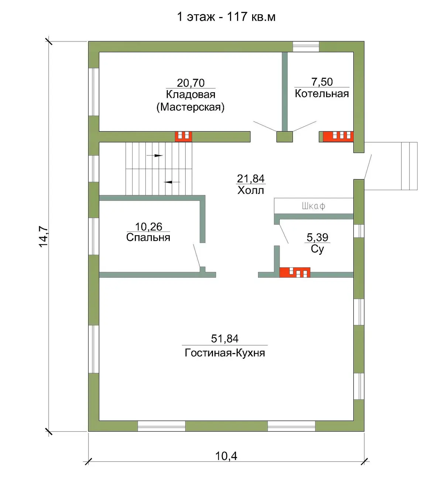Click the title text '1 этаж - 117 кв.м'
click(226, 17)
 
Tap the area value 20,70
click(191, 83)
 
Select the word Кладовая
click(191, 95)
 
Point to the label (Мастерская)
click(190, 107)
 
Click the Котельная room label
click(322, 93)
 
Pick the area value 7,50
click(322, 82)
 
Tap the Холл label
click(251, 191)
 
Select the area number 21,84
click(251, 179)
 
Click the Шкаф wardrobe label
click(313, 206)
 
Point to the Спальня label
click(148, 237)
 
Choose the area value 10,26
click(148, 227)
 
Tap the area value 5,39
click(317, 237)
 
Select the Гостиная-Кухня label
click(225, 353)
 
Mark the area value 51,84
click(225, 339)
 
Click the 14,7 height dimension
click(44, 237)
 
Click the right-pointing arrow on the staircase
click(154, 155)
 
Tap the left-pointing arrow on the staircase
click(172, 182)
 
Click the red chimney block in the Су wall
click(295, 272)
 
